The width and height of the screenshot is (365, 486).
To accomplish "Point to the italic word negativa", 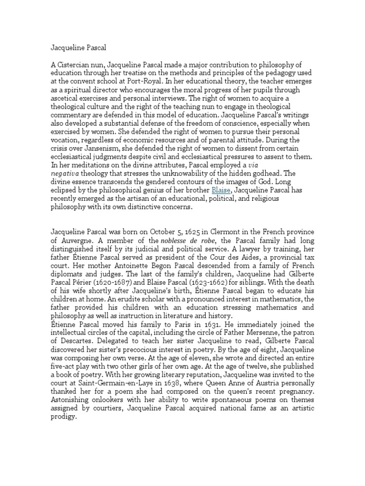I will pos(66,173).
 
